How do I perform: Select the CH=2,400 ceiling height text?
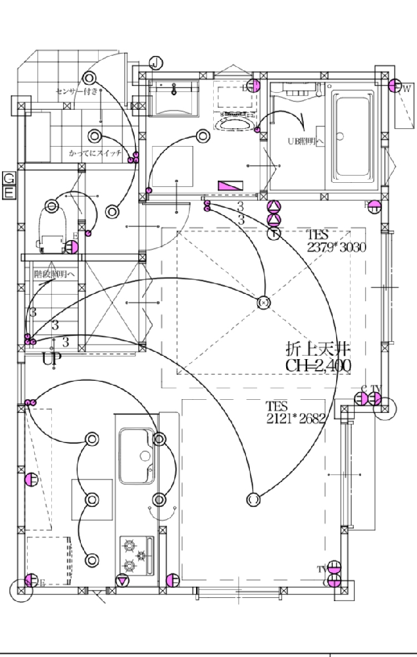pyautogui.click(x=318, y=365)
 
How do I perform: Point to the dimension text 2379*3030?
pyautogui.click(x=336, y=247)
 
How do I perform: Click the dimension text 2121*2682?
pyautogui.click(x=297, y=419)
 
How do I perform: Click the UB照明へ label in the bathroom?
pyautogui.click(x=307, y=141)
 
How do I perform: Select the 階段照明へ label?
pyautogui.click(x=55, y=272)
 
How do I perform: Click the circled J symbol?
pyautogui.click(x=155, y=63)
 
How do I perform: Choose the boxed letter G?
pyautogui.click(x=9, y=179)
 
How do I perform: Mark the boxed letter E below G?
pyautogui.click(x=9, y=192)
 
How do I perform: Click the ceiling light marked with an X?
pyautogui.click(x=264, y=303)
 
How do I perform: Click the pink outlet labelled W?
pyautogui.click(x=395, y=85)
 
